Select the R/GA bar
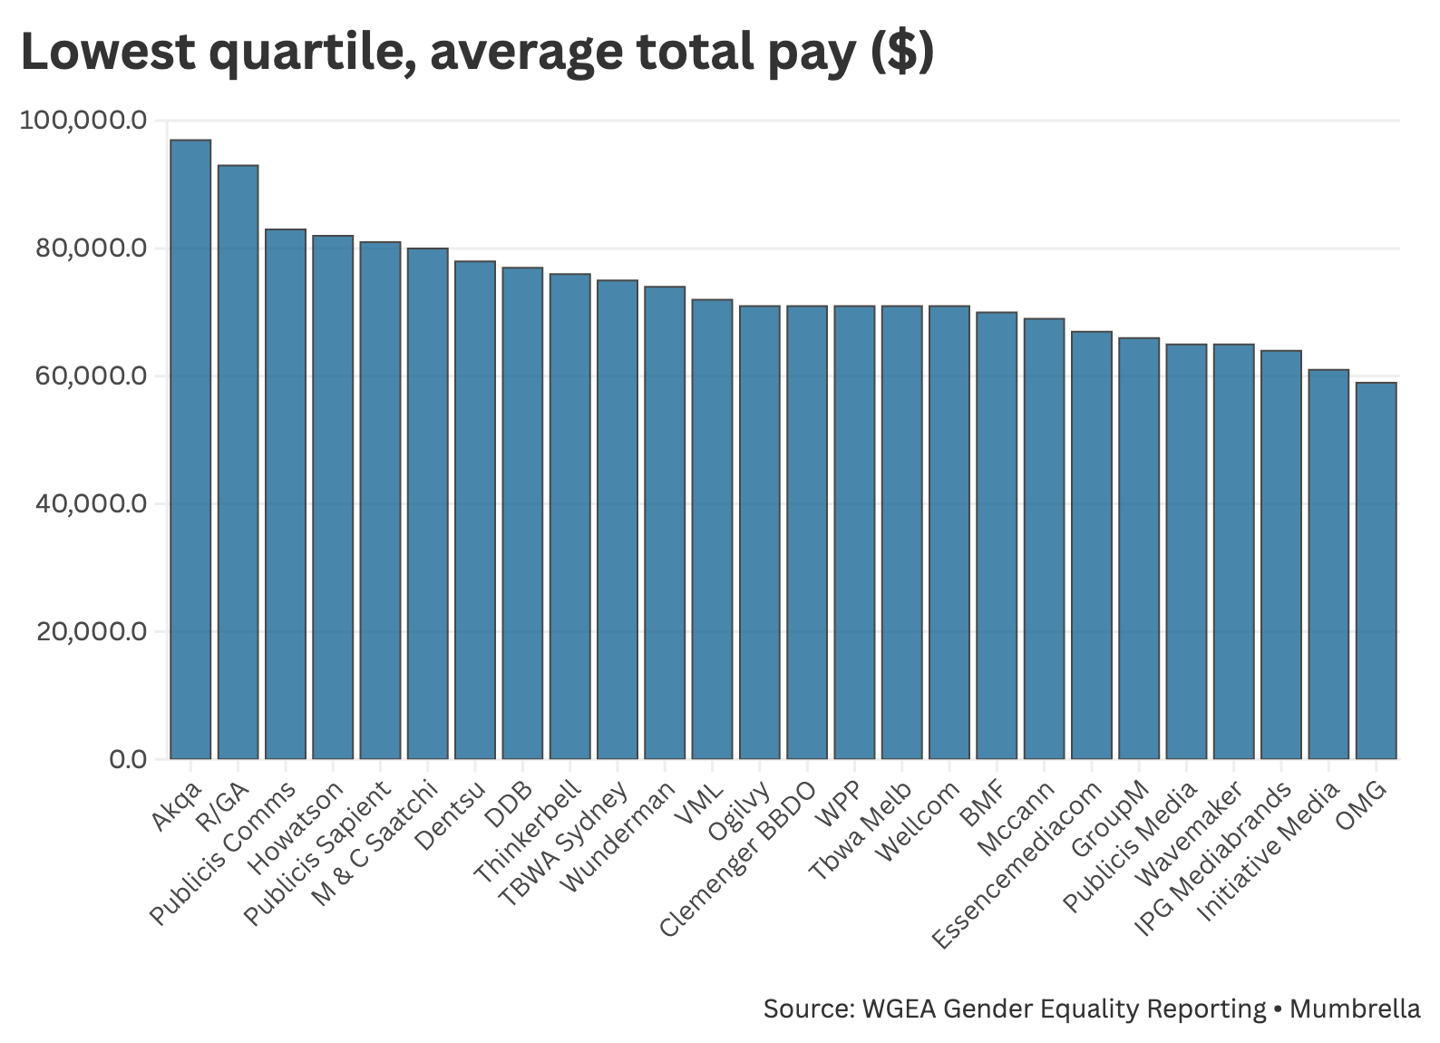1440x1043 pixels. coord(238,462)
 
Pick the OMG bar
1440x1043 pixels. coord(1376,570)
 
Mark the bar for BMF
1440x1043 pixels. coord(997,535)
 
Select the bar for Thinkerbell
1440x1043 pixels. coord(569,516)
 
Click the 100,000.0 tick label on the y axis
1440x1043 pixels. coord(83,121)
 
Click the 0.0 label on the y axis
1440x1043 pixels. coord(127,760)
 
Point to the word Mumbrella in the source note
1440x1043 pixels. coord(1355,1009)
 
